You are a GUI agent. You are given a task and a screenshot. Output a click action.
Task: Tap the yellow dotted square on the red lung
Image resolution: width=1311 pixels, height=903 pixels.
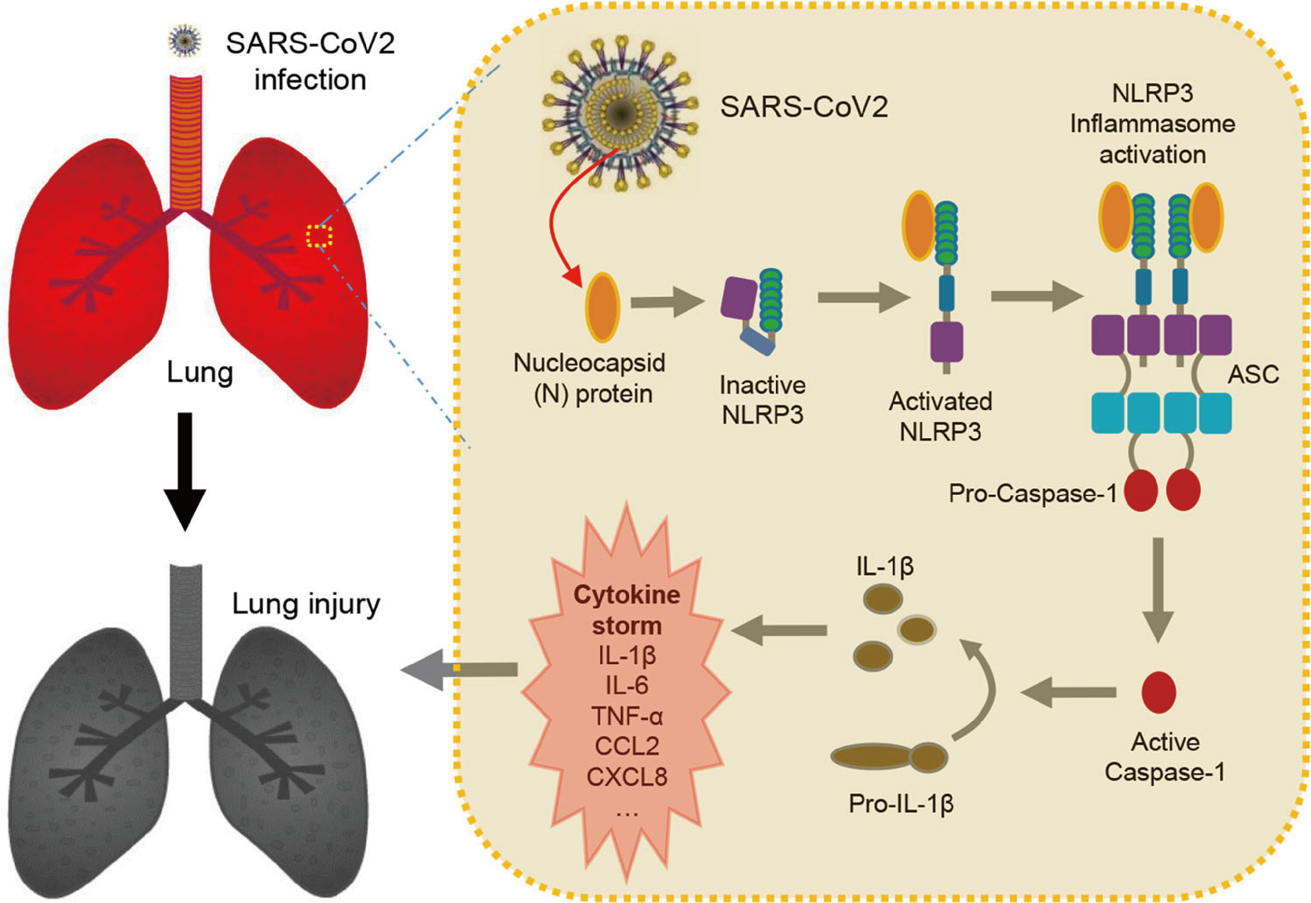point(319,236)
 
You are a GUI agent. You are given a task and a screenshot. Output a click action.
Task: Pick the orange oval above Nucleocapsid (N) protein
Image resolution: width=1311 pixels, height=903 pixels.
point(602,307)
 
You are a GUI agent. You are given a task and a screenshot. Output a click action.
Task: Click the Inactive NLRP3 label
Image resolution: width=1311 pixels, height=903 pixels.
point(762,399)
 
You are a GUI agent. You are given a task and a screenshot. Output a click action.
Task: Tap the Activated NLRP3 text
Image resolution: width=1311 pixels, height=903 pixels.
point(940,416)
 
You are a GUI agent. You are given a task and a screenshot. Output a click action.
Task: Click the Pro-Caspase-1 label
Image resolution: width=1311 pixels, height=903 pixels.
point(1032,493)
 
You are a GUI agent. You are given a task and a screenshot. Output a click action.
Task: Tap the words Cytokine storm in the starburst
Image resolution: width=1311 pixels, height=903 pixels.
point(627,610)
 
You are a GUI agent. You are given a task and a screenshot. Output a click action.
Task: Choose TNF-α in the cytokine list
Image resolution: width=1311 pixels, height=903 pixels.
point(627,716)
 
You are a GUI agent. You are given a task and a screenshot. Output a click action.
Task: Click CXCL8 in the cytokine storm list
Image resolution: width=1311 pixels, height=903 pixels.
point(627,776)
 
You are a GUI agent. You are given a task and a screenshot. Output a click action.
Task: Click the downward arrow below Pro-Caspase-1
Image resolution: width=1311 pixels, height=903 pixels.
point(1158,588)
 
